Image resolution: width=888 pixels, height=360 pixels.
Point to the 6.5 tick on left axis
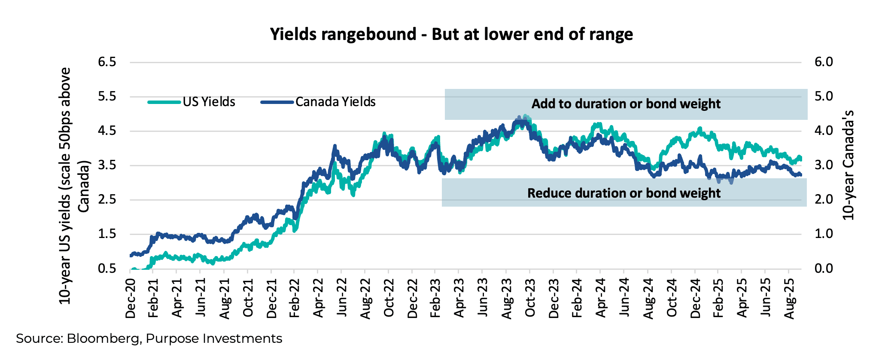click(x=107, y=62)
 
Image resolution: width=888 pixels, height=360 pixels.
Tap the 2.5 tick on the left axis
click(x=107, y=200)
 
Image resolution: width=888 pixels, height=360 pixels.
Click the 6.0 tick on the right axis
click(x=823, y=62)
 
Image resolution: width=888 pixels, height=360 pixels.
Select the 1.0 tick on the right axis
click(x=823, y=234)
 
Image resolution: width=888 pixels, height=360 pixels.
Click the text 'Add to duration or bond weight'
click(x=626, y=104)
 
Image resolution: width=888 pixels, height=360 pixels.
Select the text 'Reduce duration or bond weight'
click(x=623, y=193)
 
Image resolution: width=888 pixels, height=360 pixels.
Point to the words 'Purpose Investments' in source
click(x=214, y=339)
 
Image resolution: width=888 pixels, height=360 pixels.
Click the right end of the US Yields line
click(x=800, y=158)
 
